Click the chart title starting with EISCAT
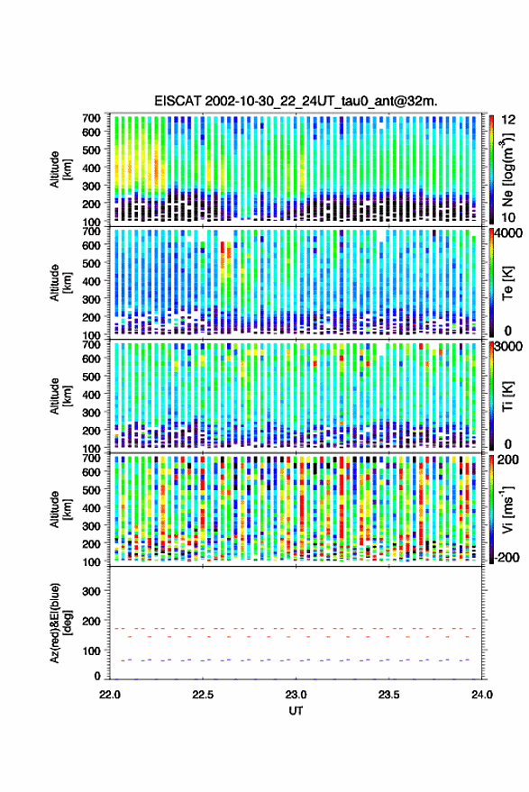tap(296, 101)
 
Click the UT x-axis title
tap(296, 711)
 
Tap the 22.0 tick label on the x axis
tap(110, 695)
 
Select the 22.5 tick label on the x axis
tap(203, 695)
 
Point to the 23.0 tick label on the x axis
tap(296, 695)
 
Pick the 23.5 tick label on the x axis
tap(388, 695)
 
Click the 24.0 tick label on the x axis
tap(481, 695)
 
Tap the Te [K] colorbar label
tap(507, 283)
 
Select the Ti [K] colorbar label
tap(507, 396)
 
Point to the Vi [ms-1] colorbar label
tap(507, 509)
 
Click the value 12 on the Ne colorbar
tap(508, 120)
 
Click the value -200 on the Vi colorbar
tap(507, 557)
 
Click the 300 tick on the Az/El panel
tap(91, 591)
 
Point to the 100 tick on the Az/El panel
tap(91, 651)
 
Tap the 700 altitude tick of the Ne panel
tap(91, 118)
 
